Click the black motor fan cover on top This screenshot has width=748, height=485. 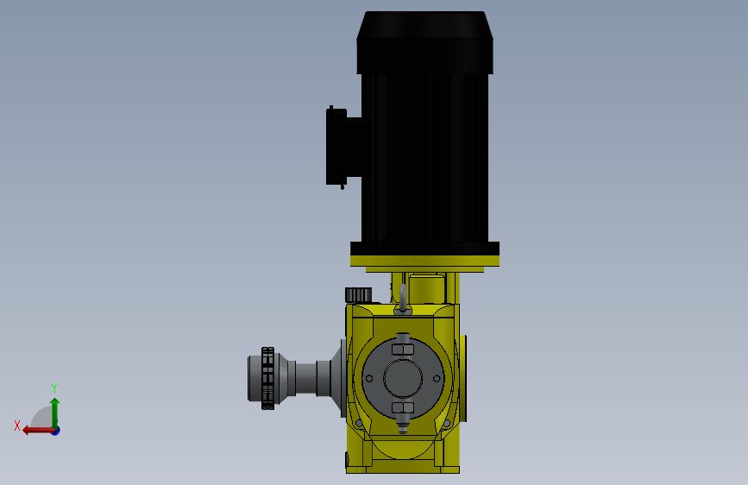coord(424,42)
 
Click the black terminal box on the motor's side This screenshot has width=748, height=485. coord(337,147)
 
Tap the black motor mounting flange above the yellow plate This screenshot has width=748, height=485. coord(424,249)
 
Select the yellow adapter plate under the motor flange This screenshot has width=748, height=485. coord(424,261)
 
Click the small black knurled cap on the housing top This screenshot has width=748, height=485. coord(358,295)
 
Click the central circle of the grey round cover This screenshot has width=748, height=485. coord(403,379)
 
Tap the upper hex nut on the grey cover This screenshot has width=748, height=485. coord(403,349)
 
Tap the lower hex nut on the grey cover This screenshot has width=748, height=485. coord(403,407)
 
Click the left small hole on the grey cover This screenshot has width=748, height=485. coord(368,379)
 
